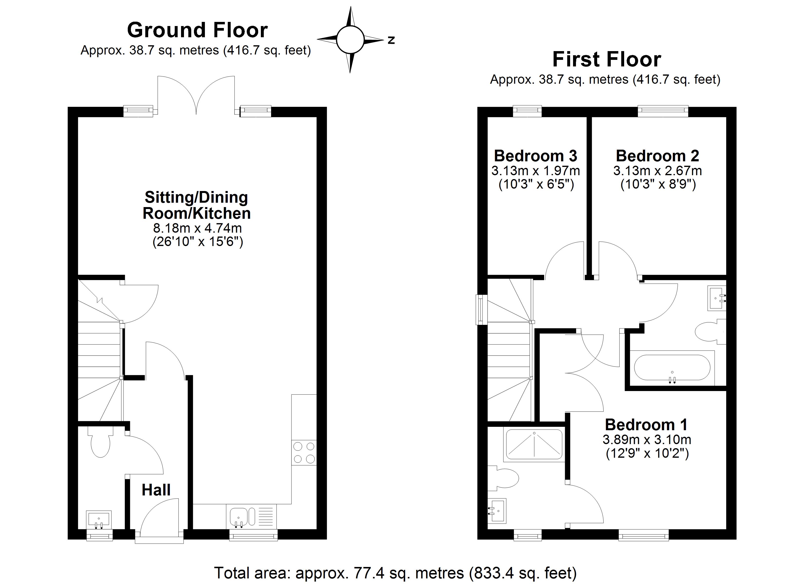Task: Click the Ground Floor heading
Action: (x=197, y=30)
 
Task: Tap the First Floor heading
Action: (x=606, y=60)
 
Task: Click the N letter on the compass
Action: (x=391, y=40)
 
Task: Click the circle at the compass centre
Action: (x=350, y=40)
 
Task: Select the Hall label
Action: (x=156, y=490)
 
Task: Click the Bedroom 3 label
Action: (x=535, y=156)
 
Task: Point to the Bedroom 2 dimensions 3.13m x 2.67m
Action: (x=657, y=171)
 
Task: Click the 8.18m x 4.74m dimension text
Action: (x=197, y=228)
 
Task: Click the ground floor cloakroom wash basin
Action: (x=99, y=520)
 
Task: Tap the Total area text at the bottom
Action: (x=395, y=573)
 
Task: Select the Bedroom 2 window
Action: (x=663, y=111)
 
